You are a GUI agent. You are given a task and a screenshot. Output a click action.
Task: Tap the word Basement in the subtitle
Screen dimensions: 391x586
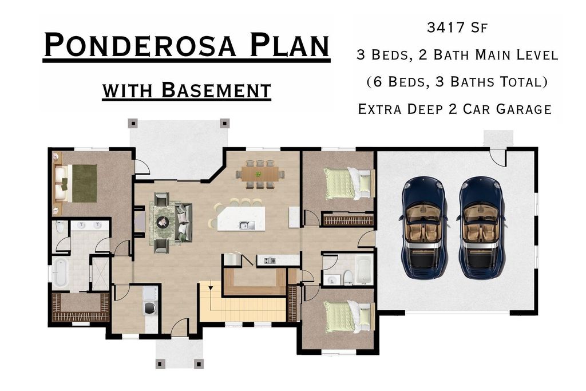point(216,90)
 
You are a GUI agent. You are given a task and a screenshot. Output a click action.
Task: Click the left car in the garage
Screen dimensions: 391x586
point(424,228)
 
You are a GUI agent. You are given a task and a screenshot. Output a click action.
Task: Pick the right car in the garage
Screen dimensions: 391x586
point(481,228)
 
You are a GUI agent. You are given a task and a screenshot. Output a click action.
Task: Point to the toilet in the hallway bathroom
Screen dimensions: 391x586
point(347,278)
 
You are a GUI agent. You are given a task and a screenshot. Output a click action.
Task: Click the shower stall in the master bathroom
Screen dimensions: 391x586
point(101,273)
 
